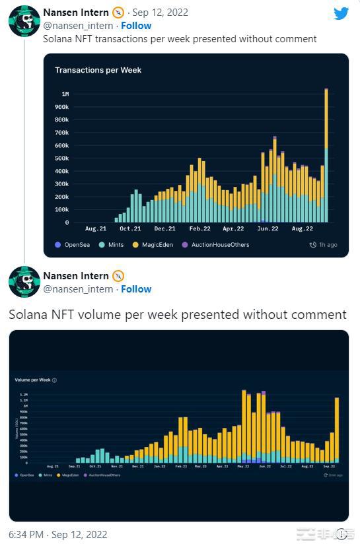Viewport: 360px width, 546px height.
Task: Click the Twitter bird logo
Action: pyautogui.click(x=341, y=13)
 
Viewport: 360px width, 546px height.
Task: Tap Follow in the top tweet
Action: pyautogui.click(x=136, y=26)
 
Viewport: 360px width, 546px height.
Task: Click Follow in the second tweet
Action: pyautogui.click(x=136, y=289)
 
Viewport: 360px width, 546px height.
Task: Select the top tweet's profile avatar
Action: pyautogui.click(x=24, y=20)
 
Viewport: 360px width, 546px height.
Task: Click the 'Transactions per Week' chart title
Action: pyautogui.click(x=98, y=70)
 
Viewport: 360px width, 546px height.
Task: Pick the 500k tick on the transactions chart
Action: pyautogui.click(x=61, y=158)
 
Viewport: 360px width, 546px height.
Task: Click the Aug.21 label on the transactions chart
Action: pyautogui.click(x=96, y=228)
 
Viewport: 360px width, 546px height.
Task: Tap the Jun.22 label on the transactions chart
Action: pyautogui.click(x=268, y=228)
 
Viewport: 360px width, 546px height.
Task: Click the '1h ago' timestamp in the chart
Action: pyautogui.click(x=324, y=245)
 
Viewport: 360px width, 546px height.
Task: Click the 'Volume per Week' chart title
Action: pyautogui.click(x=33, y=380)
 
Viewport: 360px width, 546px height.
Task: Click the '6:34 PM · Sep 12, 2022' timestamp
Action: pyautogui.click(x=58, y=534)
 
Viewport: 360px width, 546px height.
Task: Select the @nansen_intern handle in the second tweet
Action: pyautogui.click(x=78, y=289)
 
